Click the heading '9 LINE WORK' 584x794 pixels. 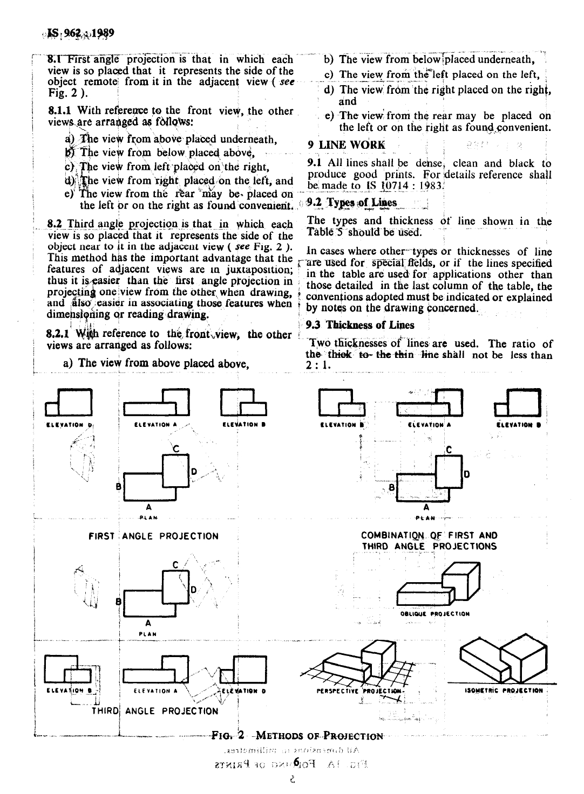(x=347, y=144)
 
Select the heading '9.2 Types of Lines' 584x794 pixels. (x=351, y=203)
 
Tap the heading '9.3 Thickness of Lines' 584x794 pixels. (x=360, y=325)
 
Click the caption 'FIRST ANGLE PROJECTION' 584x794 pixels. (x=154, y=536)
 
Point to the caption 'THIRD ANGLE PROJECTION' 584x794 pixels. (x=155, y=711)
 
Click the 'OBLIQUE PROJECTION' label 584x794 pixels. (x=435, y=613)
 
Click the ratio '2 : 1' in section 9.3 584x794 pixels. (x=318, y=366)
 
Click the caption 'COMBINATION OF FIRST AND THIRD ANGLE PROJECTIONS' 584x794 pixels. (x=429, y=541)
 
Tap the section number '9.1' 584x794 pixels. (x=314, y=163)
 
